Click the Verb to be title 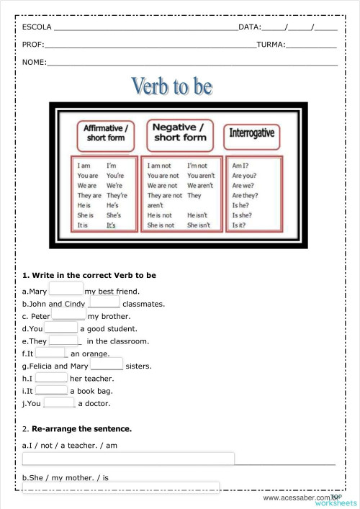tap(171, 86)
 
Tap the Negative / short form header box tap(180, 132)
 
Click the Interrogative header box tap(251, 132)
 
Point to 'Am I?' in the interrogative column tap(240, 166)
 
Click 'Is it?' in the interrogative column tap(240, 225)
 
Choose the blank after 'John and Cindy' tap(104, 303)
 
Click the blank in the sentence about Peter tap(69, 315)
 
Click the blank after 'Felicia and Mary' tap(107, 366)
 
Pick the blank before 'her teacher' tap(51, 378)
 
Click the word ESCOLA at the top tap(36, 27)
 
